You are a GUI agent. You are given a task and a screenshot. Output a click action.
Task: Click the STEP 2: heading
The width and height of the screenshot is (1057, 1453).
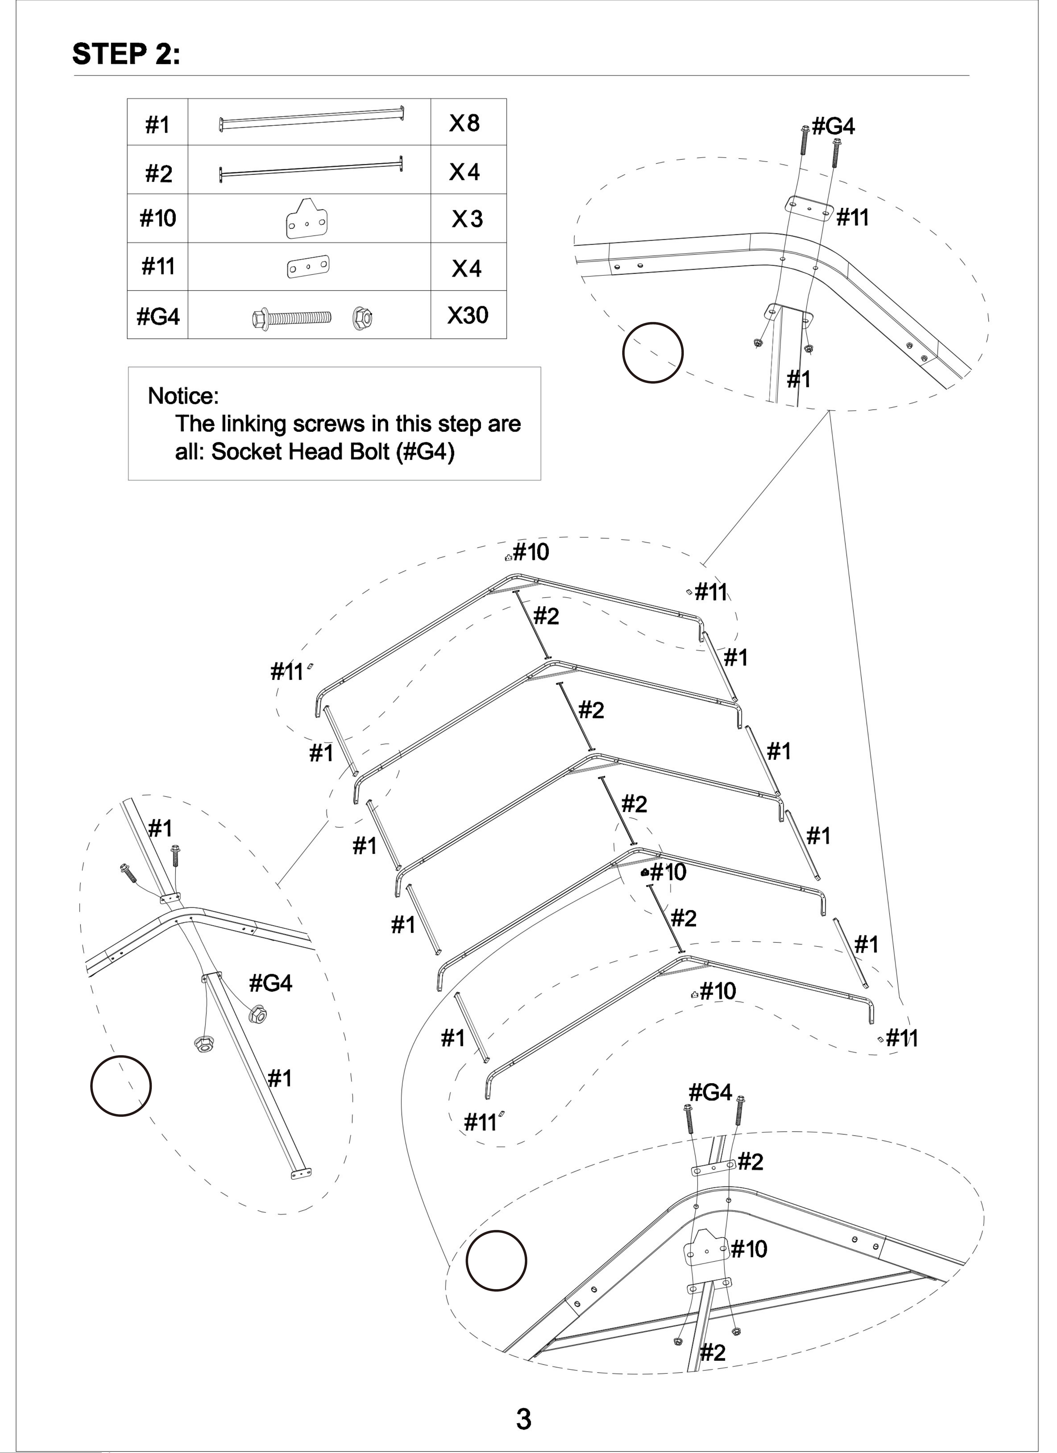coord(126,54)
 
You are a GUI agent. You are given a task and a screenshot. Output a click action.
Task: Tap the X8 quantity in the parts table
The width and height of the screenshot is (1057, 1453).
coord(465,123)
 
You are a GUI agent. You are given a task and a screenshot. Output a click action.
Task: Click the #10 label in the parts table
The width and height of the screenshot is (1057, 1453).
coord(158,218)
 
